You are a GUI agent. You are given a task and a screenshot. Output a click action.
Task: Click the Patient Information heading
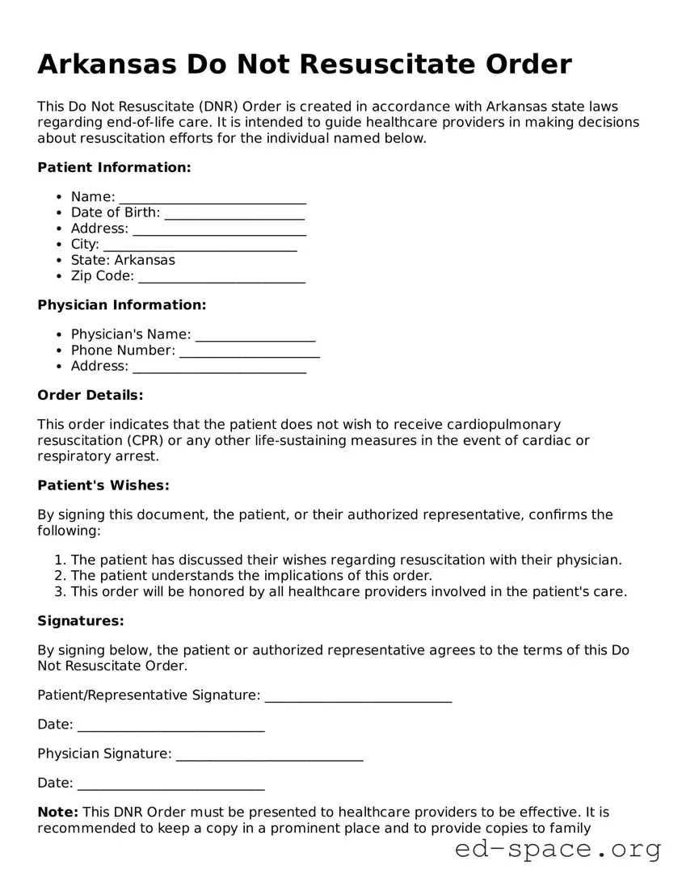coord(114,168)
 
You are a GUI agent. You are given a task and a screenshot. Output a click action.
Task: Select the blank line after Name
coord(213,198)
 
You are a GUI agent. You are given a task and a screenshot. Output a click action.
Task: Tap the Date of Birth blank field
coord(234,213)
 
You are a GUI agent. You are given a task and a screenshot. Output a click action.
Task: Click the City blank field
coord(200,245)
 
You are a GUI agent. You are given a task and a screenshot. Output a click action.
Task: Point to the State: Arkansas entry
coord(123,260)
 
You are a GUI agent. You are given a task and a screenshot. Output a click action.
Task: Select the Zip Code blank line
coord(221,276)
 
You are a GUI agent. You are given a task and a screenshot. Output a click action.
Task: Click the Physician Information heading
coord(122,305)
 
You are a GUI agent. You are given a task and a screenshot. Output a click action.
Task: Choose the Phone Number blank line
coord(250,351)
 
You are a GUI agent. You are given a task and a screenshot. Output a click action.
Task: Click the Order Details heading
coord(91,396)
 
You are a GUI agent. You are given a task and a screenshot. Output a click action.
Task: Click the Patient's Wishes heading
coord(103,486)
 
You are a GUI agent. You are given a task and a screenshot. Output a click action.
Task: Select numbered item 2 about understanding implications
coord(251,576)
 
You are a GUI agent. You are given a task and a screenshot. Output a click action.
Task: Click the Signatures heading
coord(81,622)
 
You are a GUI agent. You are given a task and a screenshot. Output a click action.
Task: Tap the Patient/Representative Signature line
coord(358,696)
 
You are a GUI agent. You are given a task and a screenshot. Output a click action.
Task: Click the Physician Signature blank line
coord(269,754)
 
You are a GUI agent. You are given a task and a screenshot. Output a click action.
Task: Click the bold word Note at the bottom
coord(57,813)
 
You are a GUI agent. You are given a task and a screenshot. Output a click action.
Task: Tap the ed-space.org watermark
coord(558,850)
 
